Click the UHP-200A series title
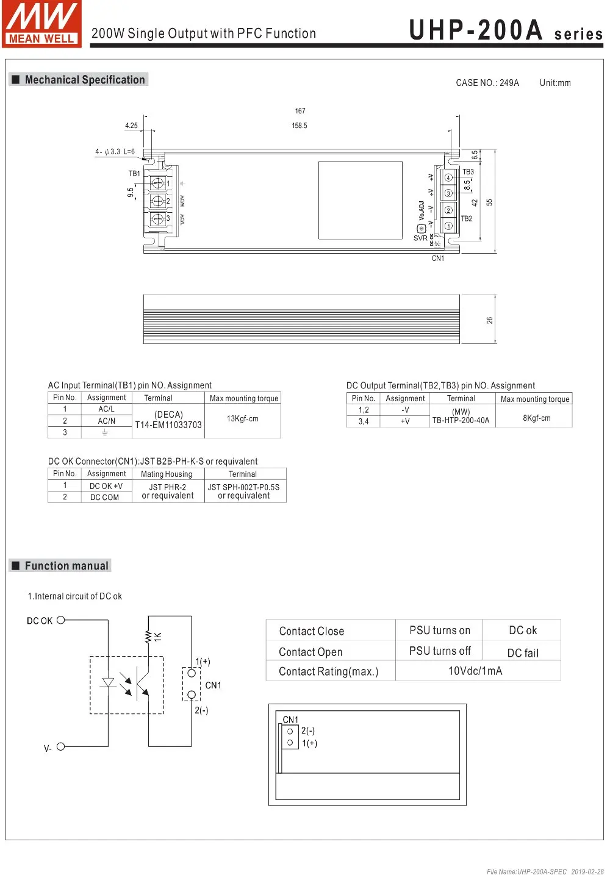point(505,30)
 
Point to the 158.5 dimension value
point(300,126)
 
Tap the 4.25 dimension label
point(131,126)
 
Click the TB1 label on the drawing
point(134,174)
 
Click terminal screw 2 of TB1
point(157,201)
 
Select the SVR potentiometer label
point(420,238)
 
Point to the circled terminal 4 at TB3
point(448,178)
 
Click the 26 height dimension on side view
point(489,320)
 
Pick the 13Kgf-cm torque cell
point(243,419)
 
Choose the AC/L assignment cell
point(106,409)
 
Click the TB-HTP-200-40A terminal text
point(461,420)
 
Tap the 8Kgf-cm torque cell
point(536,418)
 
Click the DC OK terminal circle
point(60,620)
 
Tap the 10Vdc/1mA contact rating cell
point(475,671)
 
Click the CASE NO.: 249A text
point(487,83)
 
